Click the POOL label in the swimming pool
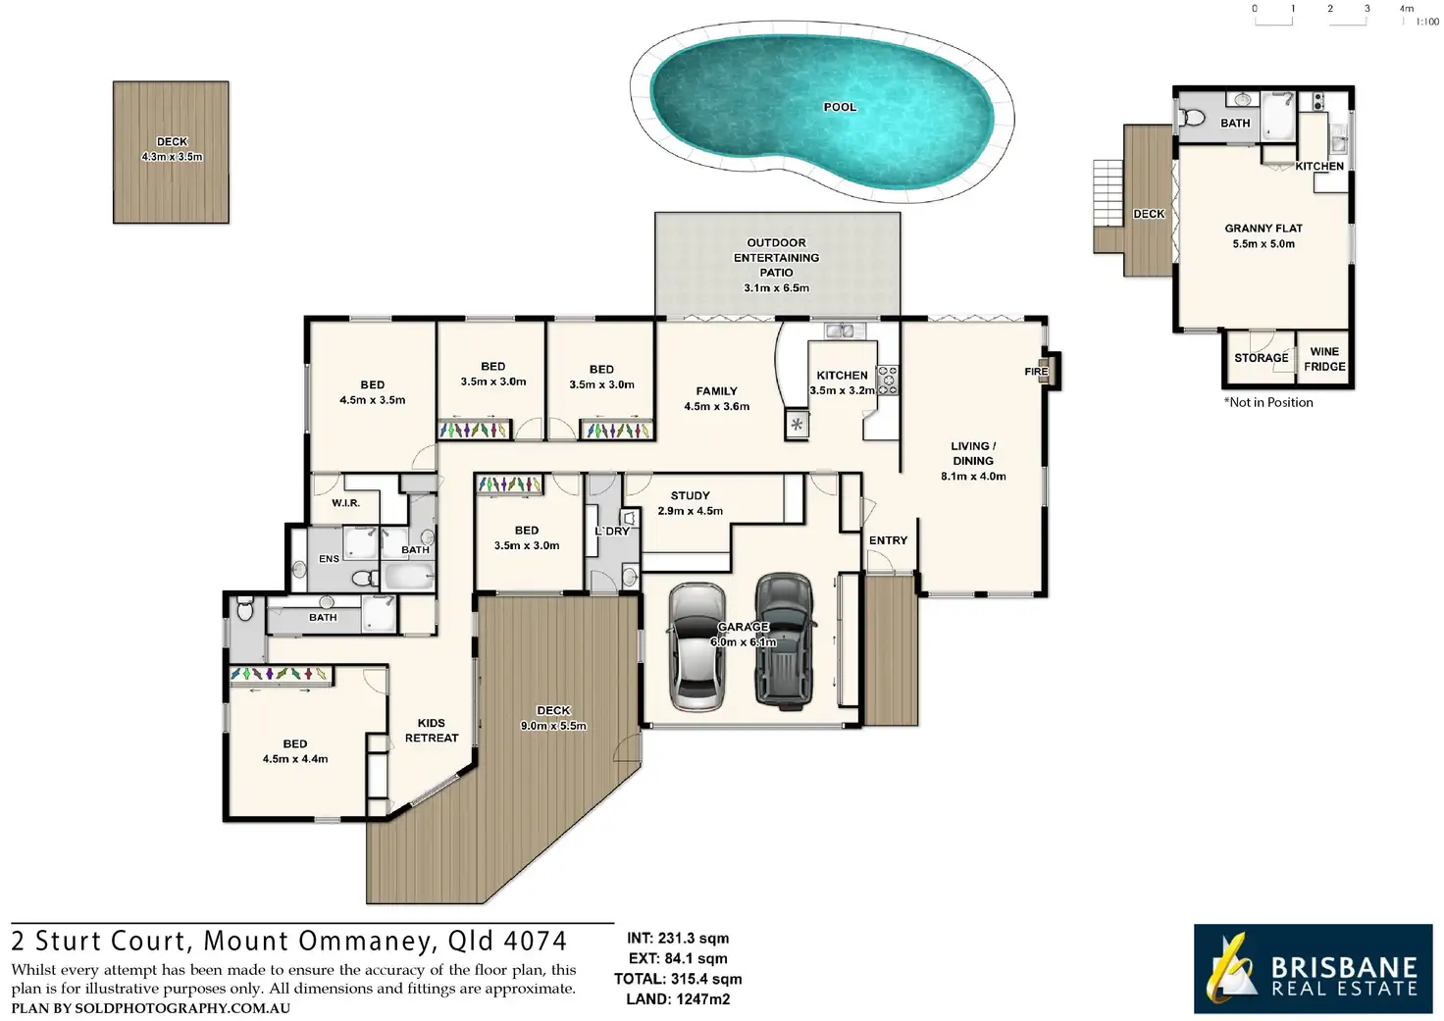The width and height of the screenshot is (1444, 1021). tap(840, 107)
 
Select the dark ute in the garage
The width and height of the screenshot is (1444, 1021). tap(784, 640)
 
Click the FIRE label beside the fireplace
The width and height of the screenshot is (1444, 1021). tap(1036, 372)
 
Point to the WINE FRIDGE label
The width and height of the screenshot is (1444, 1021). tap(1324, 359)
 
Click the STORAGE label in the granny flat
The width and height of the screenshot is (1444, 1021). tap(1261, 358)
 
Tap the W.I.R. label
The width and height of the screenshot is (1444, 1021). tap(345, 503)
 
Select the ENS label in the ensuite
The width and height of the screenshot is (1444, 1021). tap(329, 559)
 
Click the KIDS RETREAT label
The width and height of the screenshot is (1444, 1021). tap(432, 731)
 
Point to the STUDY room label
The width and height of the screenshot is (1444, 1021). tap(690, 496)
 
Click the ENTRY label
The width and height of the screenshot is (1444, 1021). tap(888, 540)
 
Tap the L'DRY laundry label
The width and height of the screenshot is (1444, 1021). tap(612, 532)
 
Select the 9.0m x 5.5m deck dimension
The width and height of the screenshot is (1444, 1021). tap(553, 726)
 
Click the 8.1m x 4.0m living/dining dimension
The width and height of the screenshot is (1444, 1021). tap(973, 477)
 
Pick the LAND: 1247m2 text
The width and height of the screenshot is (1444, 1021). tap(678, 999)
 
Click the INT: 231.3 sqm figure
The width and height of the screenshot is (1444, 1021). tap(678, 939)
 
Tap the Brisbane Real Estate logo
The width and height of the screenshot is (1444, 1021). tap(1313, 969)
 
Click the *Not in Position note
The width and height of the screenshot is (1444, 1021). tap(1268, 402)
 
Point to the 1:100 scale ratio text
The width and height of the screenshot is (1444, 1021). tap(1427, 22)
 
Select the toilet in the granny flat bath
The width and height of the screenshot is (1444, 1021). tap(1193, 117)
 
